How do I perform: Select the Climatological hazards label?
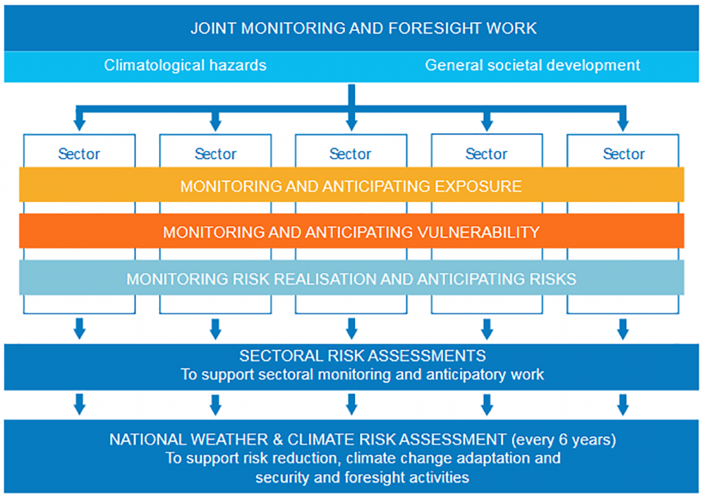click(185, 65)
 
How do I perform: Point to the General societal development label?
click(532, 65)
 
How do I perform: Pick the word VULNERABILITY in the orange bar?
click(478, 232)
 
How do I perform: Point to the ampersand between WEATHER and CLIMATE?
click(278, 439)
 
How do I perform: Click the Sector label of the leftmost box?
click(80, 154)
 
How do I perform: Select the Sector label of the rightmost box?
click(624, 154)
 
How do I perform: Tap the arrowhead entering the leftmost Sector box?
click(80, 125)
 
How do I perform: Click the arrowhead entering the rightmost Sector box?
click(622, 125)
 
